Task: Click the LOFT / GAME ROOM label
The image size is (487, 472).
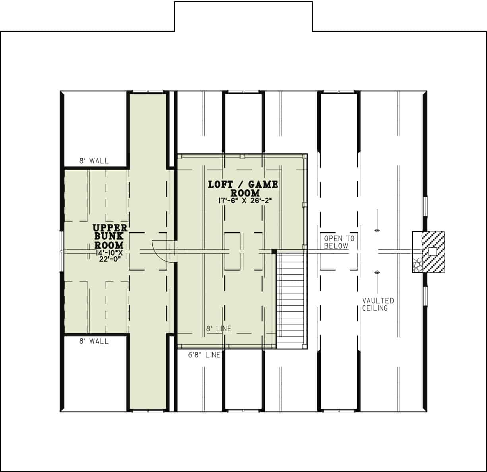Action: (243, 188)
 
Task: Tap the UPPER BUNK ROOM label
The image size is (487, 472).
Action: (110, 236)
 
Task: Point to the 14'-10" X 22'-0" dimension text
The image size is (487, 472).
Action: (108, 255)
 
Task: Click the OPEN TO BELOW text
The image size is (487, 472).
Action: (339, 242)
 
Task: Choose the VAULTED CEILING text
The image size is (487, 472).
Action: (378, 304)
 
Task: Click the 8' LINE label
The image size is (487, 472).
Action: (218, 329)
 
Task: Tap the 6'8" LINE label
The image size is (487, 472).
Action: (204, 355)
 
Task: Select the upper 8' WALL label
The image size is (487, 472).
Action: (93, 161)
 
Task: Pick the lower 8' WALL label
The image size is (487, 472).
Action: (93, 341)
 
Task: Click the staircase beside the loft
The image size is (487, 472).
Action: (291, 301)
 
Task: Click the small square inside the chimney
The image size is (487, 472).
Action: (432, 251)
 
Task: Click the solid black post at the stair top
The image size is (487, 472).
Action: (274, 251)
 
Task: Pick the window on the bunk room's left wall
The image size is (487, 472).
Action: (61, 251)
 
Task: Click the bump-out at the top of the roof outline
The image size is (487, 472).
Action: (243, 16)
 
